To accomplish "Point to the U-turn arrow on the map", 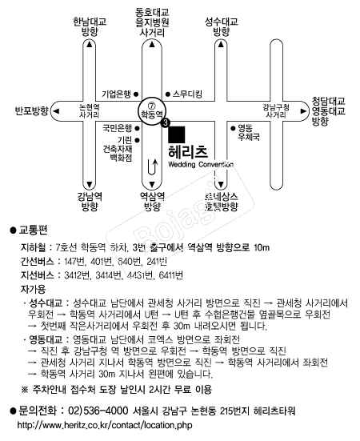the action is (151, 167).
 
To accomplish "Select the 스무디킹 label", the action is (187, 94).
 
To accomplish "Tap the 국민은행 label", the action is (116, 126).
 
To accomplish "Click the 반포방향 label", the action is (32, 110).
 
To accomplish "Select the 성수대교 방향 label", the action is (222, 26).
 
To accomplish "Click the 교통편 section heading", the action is (37, 231).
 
